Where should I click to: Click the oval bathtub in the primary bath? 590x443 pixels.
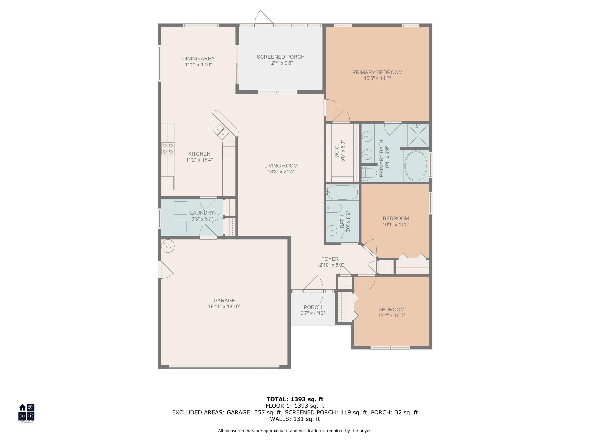pos(416,166)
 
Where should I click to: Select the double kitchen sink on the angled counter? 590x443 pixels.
pos(221,132)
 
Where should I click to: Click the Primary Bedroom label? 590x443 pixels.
pos(377,72)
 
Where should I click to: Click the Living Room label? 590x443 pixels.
pos(281,166)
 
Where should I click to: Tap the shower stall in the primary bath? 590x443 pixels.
pos(418,135)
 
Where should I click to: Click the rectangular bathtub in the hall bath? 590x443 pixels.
pos(342,192)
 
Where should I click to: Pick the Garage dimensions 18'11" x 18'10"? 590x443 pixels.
pos(224,306)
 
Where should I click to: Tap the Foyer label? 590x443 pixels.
pos(330,259)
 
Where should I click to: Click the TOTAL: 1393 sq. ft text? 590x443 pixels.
pos(295,399)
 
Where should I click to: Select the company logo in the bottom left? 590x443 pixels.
pos(26,412)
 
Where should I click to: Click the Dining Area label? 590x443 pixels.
pos(198,58)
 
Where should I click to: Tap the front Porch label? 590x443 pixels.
pos(313,307)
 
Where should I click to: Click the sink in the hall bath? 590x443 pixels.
pos(332,230)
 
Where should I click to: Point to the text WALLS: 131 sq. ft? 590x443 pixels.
pos(295,419)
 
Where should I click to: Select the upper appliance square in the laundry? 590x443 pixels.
pos(180,208)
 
